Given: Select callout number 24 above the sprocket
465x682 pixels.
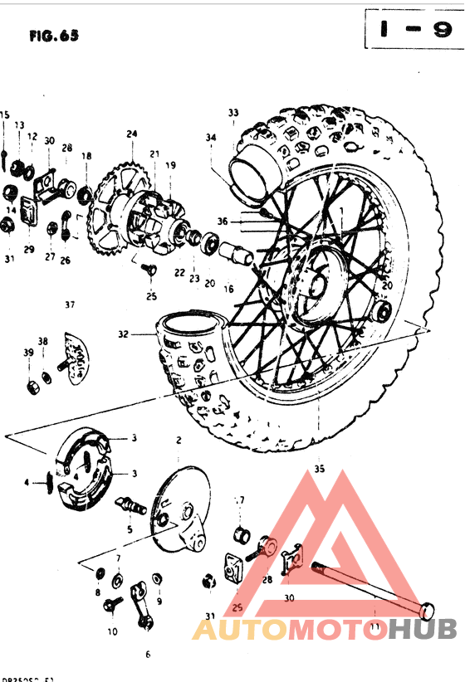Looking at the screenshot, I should coord(131,134).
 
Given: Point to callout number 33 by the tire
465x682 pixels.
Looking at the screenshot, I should coord(233,113).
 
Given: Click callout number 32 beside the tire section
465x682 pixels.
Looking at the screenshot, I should coord(123,335).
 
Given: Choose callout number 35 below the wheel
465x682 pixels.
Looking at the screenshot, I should coord(320,469).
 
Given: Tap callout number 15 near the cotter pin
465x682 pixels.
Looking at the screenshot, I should coord(5,114).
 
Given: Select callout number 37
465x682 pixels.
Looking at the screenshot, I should coord(70,304).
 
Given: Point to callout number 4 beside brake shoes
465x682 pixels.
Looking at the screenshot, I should coord(27,482).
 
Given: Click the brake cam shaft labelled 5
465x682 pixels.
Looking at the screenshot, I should coord(133,503).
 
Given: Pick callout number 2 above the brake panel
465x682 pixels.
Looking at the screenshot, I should coord(179,439).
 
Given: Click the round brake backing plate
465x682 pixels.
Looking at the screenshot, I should coord(179,506).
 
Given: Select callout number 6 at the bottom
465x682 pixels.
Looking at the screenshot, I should coord(148,654).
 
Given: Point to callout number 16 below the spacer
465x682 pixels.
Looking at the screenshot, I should coord(228,290).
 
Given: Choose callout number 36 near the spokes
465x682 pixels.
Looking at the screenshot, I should coord(223,222).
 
